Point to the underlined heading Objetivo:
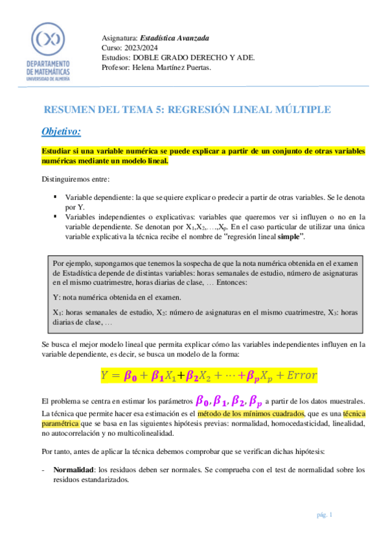(61, 132)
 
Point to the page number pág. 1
(325, 515)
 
